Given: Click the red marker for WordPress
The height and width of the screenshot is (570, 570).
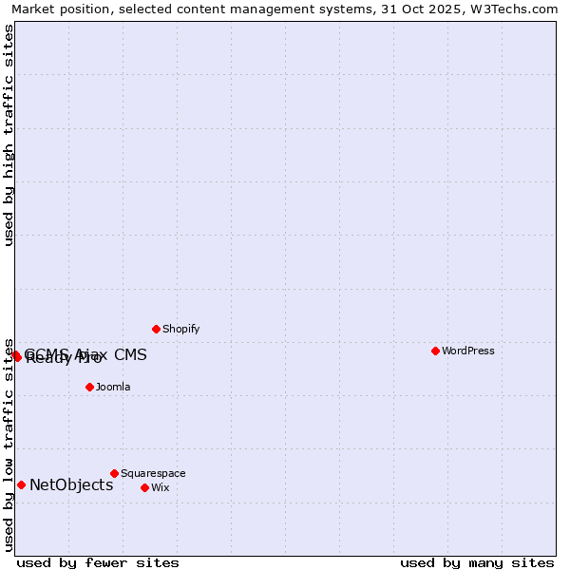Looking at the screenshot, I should pos(435,351).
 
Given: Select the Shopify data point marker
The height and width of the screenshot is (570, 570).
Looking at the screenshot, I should pos(156,329).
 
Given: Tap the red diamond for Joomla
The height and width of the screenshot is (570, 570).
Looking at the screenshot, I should pos(89,387).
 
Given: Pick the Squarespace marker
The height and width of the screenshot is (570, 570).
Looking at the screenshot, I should pos(114,473).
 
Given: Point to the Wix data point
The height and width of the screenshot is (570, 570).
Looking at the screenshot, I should pos(144,487).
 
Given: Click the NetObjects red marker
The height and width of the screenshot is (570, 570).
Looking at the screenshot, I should pos(21,484).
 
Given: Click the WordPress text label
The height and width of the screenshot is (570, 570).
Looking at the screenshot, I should pos(468,351).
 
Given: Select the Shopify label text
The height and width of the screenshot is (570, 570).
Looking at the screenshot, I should pos(180,329).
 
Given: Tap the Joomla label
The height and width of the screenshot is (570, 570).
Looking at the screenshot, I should pos(113,387).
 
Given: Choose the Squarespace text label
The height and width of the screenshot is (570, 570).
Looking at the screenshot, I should pos(153,473).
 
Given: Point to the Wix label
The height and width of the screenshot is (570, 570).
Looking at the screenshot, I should pos(160,487).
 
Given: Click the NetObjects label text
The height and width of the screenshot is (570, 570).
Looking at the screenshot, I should pos(71,484).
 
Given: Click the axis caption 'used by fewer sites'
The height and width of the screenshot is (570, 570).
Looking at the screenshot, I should pos(98,562).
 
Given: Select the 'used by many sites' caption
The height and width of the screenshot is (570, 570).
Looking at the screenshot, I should pos(477,562).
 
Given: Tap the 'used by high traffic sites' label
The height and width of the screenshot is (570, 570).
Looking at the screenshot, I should pos(9,135).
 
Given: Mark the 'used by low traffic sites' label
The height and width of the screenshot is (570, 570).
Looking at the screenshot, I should pos(9,444).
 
